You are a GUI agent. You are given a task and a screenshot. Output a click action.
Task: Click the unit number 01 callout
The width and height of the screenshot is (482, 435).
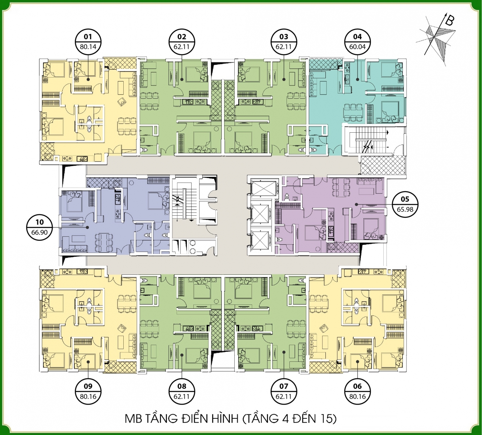[x=88, y=37]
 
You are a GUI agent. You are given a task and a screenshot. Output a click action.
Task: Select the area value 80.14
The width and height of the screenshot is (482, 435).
[x=88, y=47]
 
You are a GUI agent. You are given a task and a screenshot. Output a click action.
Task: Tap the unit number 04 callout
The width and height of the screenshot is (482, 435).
[x=357, y=37]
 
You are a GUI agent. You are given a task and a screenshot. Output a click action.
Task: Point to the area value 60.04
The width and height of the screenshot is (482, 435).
[x=357, y=47]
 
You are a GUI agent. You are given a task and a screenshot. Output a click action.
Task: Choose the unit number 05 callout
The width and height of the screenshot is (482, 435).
[x=405, y=199]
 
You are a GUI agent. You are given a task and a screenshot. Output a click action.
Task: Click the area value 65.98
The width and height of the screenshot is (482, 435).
[x=405, y=209]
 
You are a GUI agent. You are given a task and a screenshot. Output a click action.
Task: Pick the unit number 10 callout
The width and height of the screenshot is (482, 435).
[x=40, y=222]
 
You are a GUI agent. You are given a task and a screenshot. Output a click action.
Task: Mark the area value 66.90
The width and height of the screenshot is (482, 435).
[x=40, y=232]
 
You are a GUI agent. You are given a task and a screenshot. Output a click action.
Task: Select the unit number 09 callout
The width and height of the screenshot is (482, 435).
[x=88, y=386]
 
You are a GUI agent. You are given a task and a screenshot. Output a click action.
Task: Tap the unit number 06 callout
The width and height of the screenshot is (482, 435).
[x=357, y=386]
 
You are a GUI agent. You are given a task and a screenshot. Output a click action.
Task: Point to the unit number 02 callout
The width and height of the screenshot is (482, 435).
[x=182, y=37]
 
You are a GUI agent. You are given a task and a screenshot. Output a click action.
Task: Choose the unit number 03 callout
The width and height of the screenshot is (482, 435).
[x=284, y=37]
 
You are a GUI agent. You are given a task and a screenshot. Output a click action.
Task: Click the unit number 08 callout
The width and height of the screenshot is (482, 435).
[x=182, y=386]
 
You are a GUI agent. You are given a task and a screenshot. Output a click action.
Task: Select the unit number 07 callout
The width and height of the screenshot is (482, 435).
[x=284, y=386]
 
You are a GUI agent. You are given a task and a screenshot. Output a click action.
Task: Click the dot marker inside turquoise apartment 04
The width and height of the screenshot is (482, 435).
[x=357, y=79]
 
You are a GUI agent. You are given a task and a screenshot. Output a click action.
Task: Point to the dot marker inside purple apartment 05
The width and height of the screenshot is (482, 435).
[x=357, y=204]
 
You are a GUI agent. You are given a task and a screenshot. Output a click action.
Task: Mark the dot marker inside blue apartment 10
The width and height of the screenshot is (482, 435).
[x=88, y=227]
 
